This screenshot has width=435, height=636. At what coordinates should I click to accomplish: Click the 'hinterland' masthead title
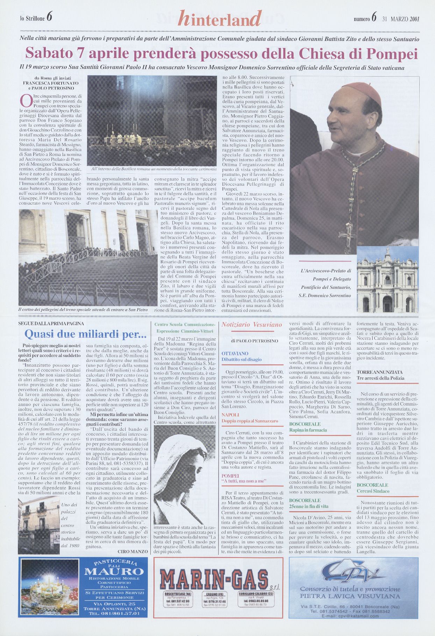tap(220, 19)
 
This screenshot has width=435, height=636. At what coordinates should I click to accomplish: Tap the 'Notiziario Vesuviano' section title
tap(251, 324)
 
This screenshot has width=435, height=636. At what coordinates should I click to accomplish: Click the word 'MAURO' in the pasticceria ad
tap(114, 572)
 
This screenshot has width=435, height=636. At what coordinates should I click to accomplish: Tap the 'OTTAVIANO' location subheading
tap(235, 353)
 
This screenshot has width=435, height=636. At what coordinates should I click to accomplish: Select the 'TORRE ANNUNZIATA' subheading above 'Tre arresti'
tap(375, 372)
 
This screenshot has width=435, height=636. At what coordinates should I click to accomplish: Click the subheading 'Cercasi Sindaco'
tap(373, 491)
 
